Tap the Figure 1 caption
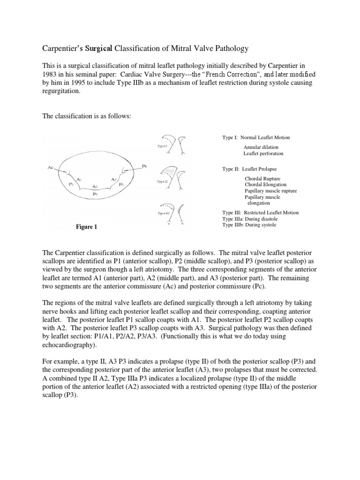(x=87, y=227)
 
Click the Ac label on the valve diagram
(x=51, y=167)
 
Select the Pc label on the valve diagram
(x=144, y=165)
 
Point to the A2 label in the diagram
(x=95, y=186)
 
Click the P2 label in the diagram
(x=95, y=193)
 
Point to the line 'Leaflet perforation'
(x=263, y=154)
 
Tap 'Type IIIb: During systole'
(x=249, y=225)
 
